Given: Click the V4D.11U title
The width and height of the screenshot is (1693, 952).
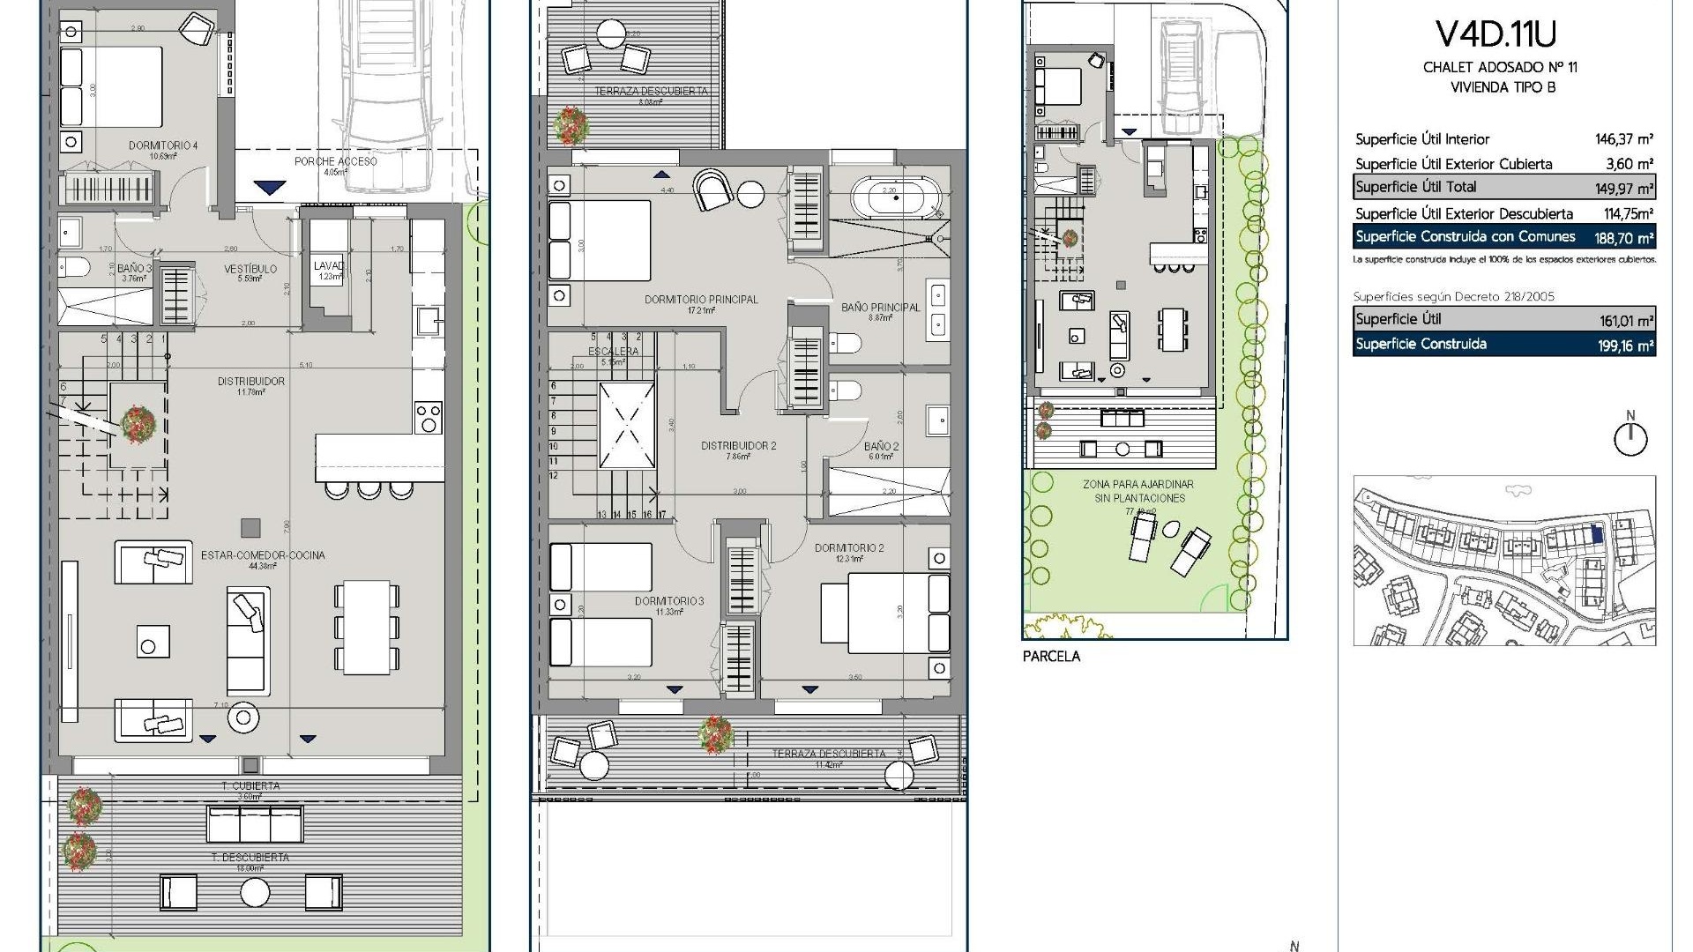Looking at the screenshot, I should (x=1495, y=34).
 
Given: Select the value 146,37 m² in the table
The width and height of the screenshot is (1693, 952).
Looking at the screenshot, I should (x=1623, y=139).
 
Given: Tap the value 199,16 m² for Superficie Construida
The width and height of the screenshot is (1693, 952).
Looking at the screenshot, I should (x=1625, y=346).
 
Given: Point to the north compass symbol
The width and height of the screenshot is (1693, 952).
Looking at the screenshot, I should (x=1630, y=436).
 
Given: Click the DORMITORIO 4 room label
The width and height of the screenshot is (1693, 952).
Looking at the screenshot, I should (x=163, y=145).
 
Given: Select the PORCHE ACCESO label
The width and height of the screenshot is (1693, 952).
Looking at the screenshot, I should (x=335, y=161).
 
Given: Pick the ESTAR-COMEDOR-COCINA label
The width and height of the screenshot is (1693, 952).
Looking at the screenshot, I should (x=263, y=555).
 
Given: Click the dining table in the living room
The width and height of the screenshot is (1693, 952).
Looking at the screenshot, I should (x=367, y=627).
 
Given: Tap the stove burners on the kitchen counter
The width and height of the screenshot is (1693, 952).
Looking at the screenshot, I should (x=429, y=417).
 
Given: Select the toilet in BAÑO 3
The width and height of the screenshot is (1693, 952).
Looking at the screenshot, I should (x=74, y=267).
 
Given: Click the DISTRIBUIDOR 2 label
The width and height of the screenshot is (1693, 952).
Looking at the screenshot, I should (x=738, y=446).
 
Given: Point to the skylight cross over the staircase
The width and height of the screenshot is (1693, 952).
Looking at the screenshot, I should (x=627, y=426).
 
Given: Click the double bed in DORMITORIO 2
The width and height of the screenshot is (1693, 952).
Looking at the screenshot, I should (x=884, y=614).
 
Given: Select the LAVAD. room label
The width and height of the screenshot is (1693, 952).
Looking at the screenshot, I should (x=328, y=266).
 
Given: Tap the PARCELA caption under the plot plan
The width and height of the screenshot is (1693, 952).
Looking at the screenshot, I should (x=1051, y=657).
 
